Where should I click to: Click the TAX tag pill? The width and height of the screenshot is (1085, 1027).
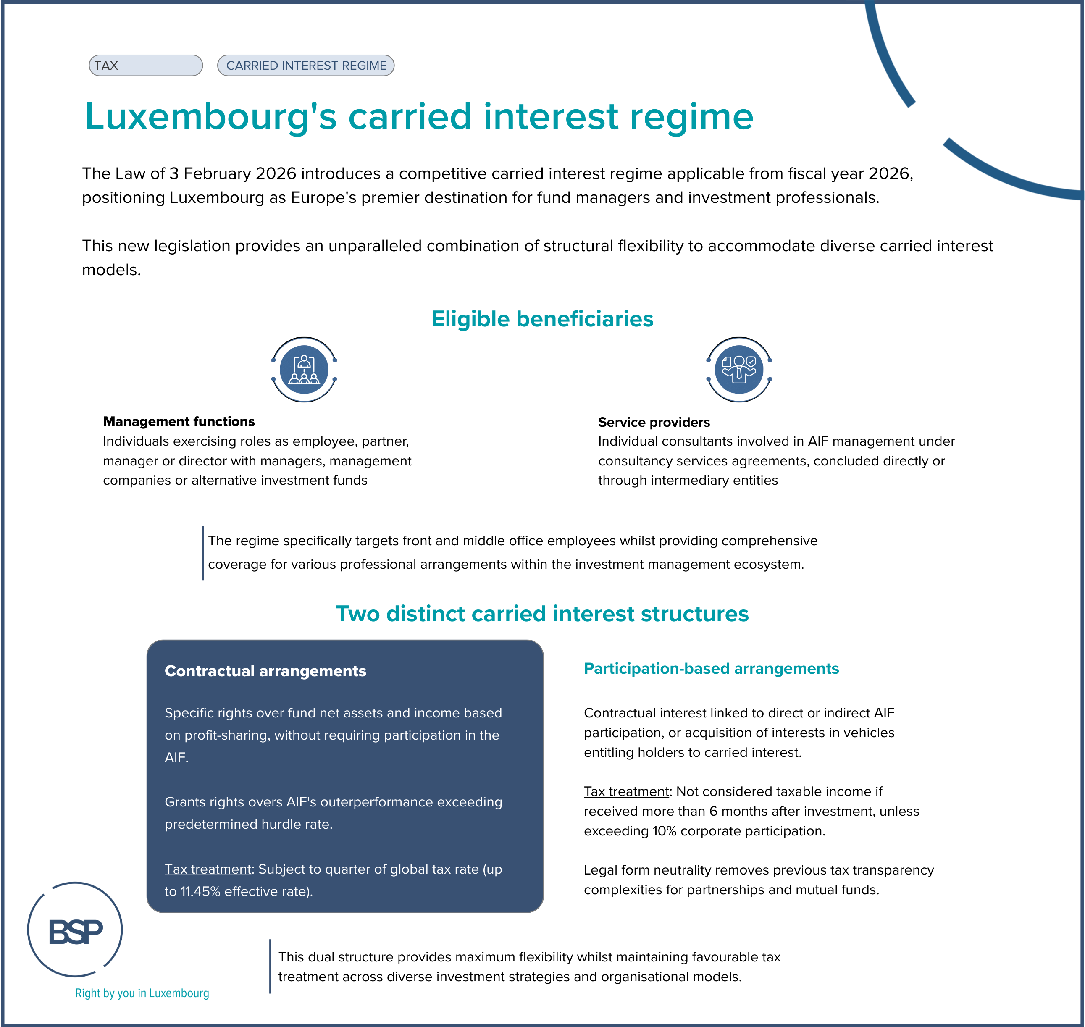(x=146, y=65)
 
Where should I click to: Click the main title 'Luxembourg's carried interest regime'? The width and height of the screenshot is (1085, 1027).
(x=419, y=117)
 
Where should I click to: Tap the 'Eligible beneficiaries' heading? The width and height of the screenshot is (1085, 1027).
(x=542, y=319)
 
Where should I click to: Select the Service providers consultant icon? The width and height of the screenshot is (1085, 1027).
(x=738, y=370)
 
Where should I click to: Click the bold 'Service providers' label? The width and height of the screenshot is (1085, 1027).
(x=654, y=422)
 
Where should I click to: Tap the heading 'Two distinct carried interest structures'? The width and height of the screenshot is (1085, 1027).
(x=542, y=614)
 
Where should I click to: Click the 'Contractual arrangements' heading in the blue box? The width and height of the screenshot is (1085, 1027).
(x=265, y=671)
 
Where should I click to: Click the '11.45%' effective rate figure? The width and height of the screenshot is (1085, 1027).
(x=200, y=891)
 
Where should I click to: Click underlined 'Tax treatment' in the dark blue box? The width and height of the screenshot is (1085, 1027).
(x=208, y=869)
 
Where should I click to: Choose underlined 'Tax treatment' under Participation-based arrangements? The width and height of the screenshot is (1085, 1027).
(x=626, y=792)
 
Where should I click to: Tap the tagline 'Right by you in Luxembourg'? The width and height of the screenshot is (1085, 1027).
(x=142, y=993)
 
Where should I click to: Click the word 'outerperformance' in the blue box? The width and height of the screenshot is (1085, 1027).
(x=373, y=802)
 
